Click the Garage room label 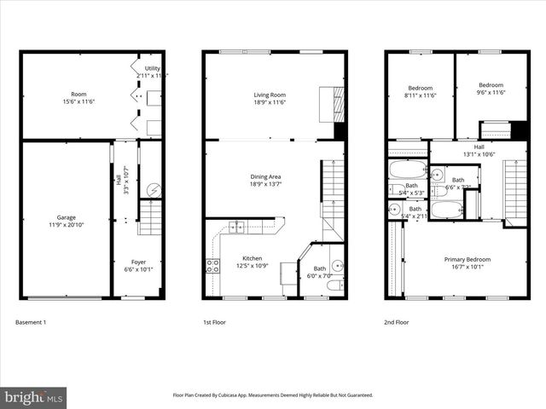coord(65,220)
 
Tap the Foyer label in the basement coord(138,264)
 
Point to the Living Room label coord(269,98)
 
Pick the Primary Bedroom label coord(465,262)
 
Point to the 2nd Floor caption coord(396,323)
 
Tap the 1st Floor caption coord(214,323)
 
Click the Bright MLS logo coord(34,397)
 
